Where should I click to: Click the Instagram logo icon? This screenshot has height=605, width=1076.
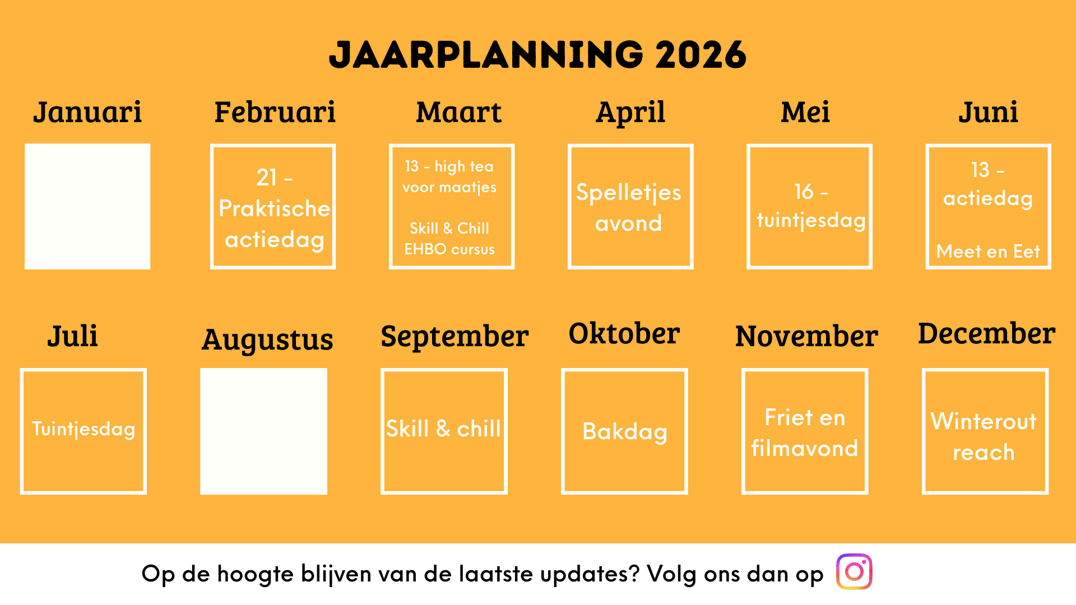[x=854, y=571]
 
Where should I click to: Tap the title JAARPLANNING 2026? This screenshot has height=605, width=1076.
[x=537, y=55]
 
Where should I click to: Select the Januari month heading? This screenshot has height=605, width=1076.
[x=87, y=112]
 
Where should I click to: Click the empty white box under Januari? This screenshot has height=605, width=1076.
[x=87, y=207]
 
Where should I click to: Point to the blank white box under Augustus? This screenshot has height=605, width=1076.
[x=263, y=431]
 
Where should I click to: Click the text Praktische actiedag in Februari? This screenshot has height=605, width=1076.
[x=275, y=224]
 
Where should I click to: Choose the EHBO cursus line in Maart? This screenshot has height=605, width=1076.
[x=449, y=249]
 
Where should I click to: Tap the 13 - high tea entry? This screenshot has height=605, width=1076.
[x=449, y=166]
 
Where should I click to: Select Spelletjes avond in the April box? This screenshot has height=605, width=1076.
[x=629, y=208]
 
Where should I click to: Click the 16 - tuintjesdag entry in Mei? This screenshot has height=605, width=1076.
[x=811, y=206]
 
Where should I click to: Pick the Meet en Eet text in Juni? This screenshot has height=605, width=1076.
[x=988, y=252]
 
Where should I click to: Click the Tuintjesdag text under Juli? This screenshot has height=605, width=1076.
[x=84, y=429]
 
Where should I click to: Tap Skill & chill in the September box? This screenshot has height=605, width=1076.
[x=443, y=429]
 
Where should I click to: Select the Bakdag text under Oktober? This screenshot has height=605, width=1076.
[x=625, y=432]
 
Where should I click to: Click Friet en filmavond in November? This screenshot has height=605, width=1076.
[x=805, y=433]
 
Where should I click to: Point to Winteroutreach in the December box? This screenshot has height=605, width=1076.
[x=984, y=436]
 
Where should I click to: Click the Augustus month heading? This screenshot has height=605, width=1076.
[x=267, y=339]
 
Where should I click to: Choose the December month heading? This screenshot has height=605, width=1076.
[x=986, y=333]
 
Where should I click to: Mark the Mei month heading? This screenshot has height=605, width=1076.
[x=805, y=112]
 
